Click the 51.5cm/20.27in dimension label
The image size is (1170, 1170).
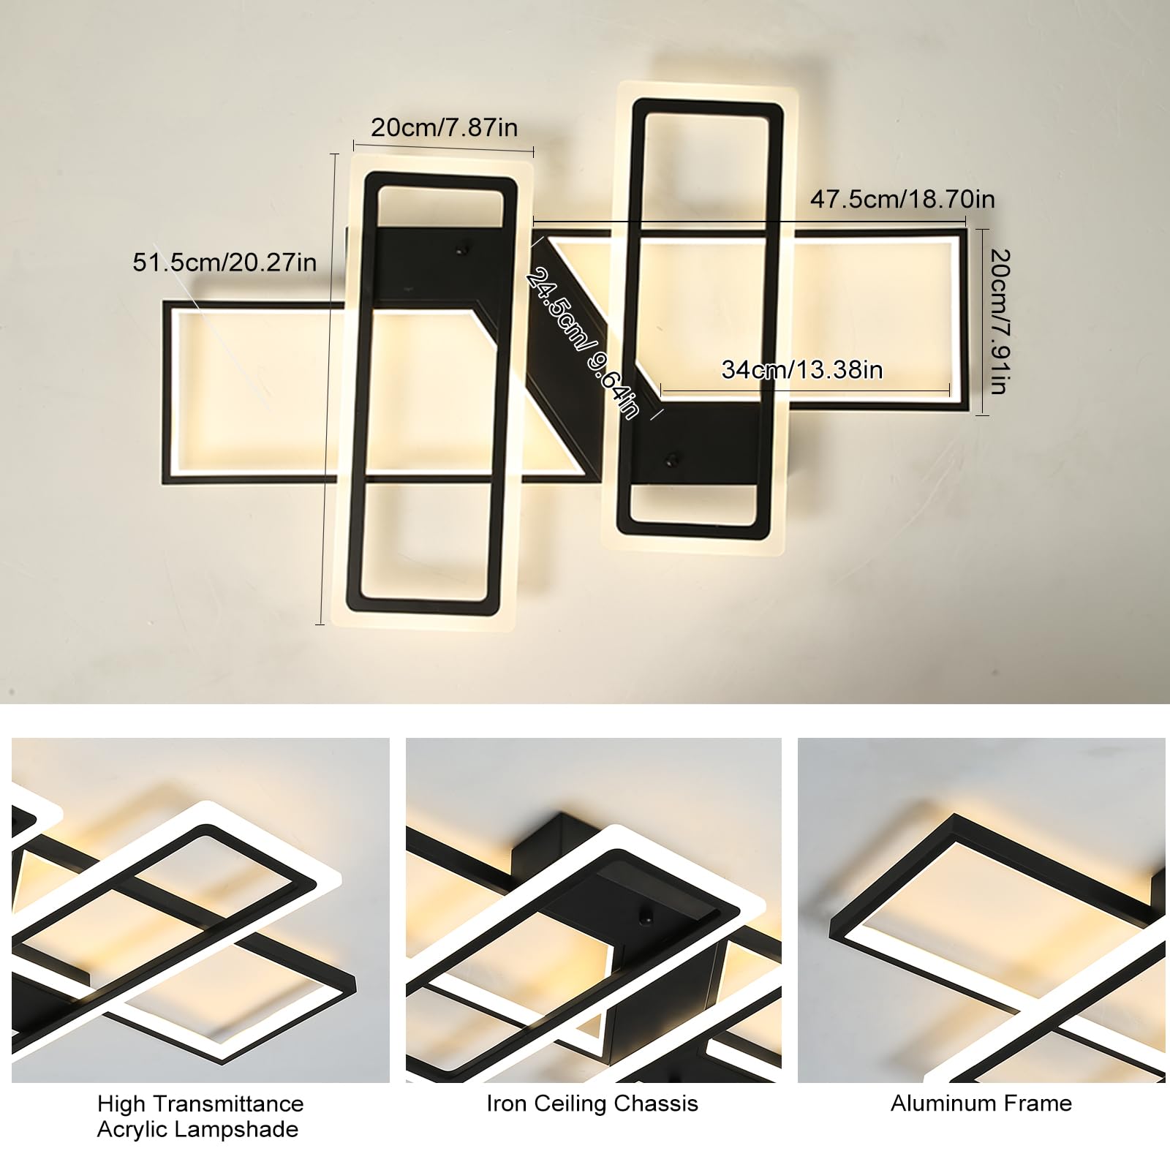pyautogui.click(x=224, y=262)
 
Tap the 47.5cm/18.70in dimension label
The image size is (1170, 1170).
pyautogui.click(x=902, y=199)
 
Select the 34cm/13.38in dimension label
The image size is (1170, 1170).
pyautogui.click(x=802, y=369)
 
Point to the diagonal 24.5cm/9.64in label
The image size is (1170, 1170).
pyautogui.click(x=583, y=343)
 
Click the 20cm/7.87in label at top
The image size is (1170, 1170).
pyautogui.click(x=444, y=127)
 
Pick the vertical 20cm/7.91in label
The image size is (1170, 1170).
pyautogui.click(x=1000, y=321)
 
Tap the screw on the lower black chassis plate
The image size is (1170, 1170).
pyautogui.click(x=669, y=460)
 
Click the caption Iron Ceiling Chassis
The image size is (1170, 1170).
pyautogui.click(x=592, y=1103)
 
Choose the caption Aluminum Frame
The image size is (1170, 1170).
pyautogui.click(x=981, y=1103)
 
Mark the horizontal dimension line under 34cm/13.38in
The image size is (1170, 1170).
pyautogui.click(x=805, y=392)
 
